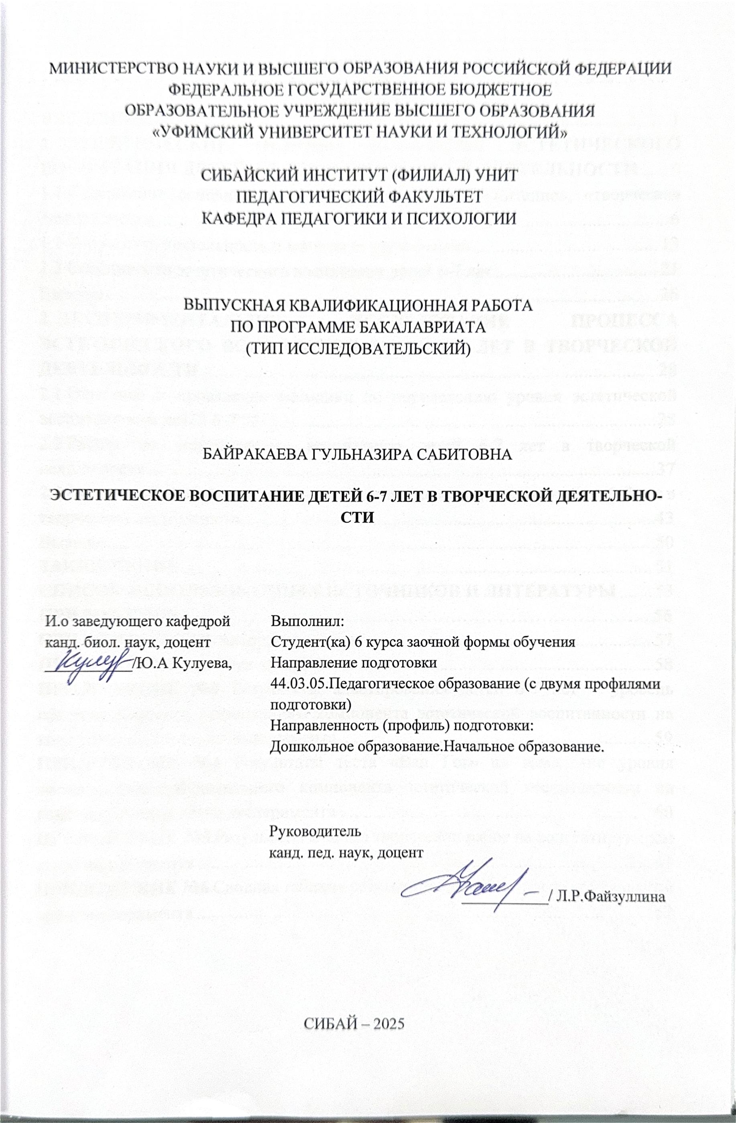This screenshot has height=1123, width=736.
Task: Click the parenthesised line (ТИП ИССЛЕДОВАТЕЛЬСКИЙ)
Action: click(x=358, y=348)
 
